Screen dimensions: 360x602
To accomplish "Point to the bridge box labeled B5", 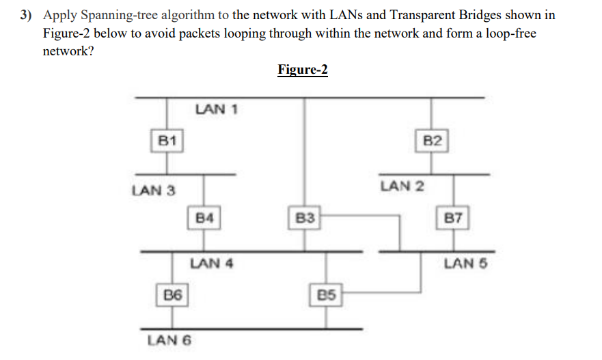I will coord(327,295).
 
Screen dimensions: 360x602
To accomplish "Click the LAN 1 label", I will coord(216,109).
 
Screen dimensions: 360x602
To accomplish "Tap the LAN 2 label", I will coord(402,185).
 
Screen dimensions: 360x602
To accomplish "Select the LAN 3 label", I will coord(153,191).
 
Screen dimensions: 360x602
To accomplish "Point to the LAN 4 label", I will coord(212,263).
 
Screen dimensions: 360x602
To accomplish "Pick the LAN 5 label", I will coord(466,263).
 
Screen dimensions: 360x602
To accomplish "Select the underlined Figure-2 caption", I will coord(303,70).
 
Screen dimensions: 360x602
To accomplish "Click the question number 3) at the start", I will coord(28,16).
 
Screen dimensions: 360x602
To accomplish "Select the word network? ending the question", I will coord(68,51).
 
